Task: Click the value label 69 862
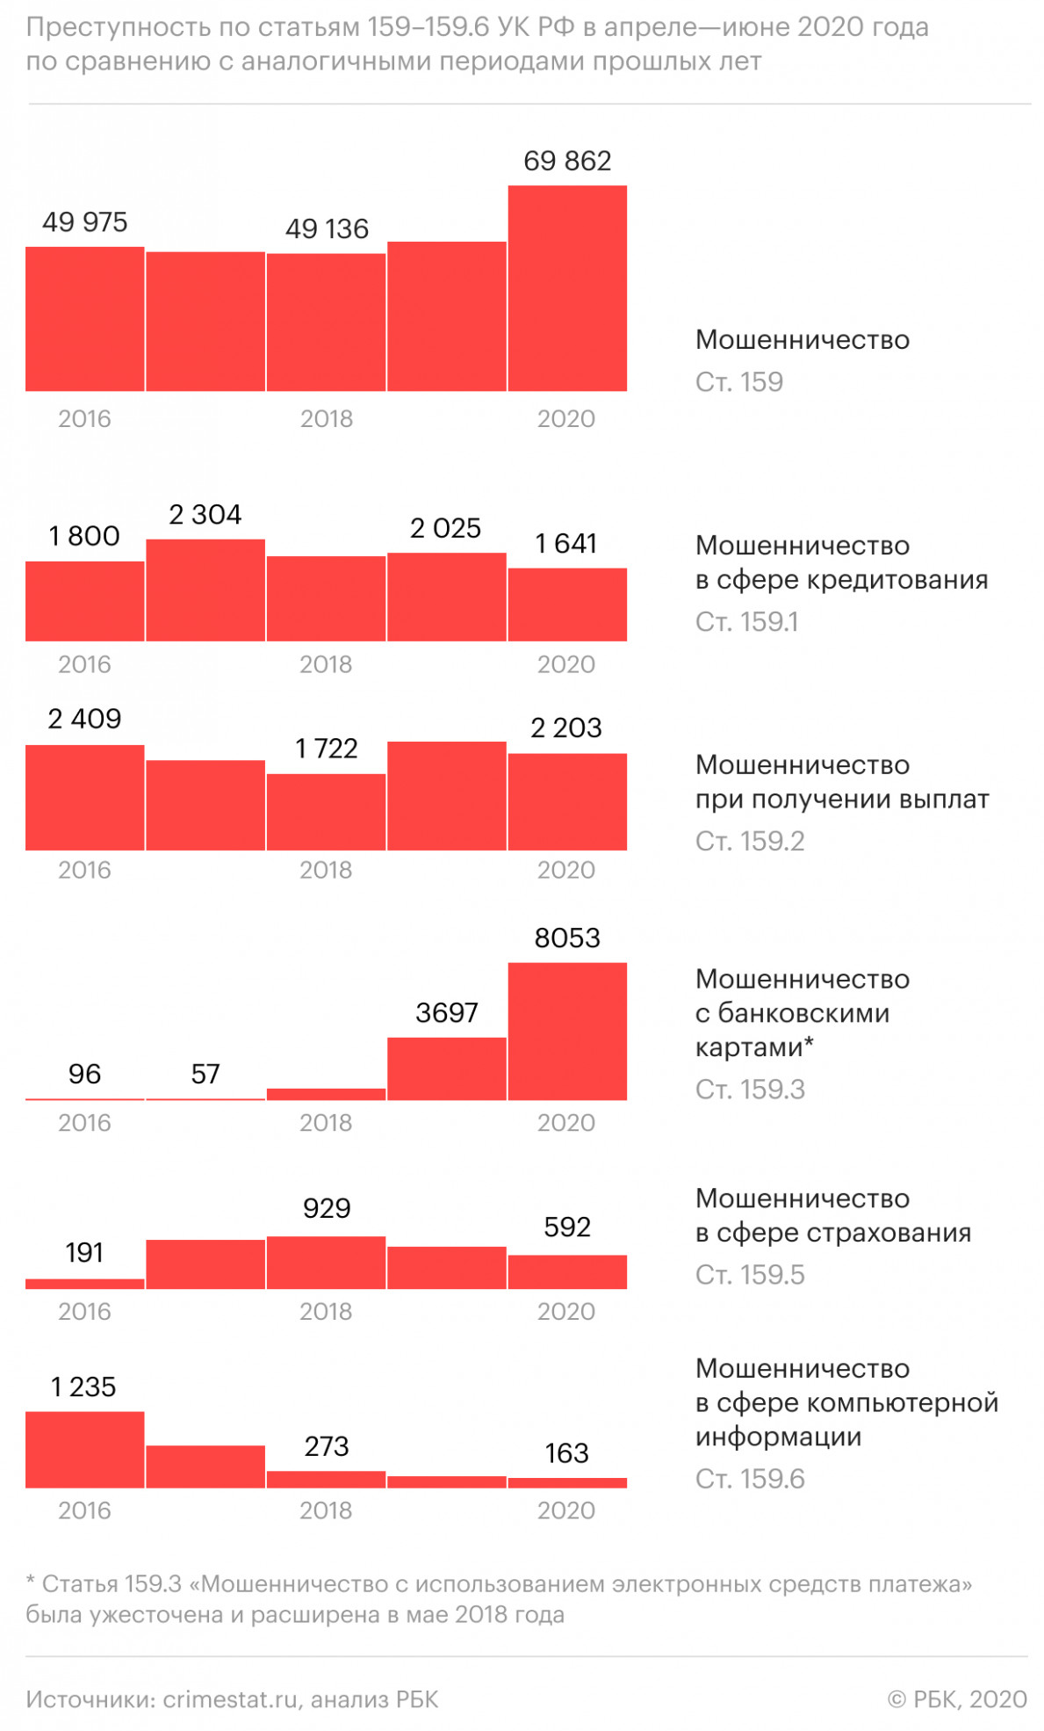pos(566,161)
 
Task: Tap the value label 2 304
pos(205,515)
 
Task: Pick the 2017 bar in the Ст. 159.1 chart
pos(205,590)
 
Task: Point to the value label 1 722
pos(326,749)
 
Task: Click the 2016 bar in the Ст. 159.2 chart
pos(84,797)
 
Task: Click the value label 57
pos(205,1074)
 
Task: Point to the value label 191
pos(84,1252)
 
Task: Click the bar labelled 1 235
pos(84,1449)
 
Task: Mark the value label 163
pos(566,1453)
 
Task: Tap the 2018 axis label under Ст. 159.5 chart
pos(326,1311)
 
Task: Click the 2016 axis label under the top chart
pos(84,418)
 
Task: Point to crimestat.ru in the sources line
pos(230,1699)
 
